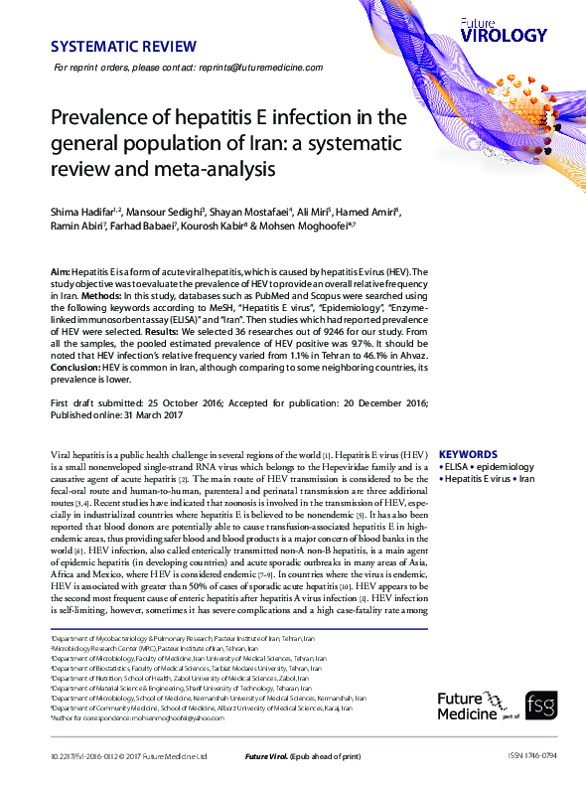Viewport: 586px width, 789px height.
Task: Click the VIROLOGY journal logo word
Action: click(504, 35)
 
